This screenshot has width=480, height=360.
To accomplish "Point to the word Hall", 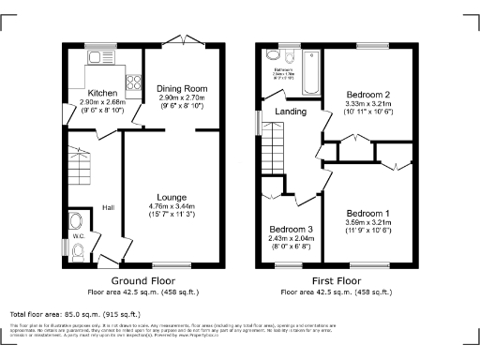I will (x=108, y=208).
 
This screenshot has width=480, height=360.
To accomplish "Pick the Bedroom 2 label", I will (x=362, y=94).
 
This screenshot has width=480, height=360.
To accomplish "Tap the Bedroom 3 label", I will (x=290, y=229).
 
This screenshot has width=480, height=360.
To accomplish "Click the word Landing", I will (x=291, y=112).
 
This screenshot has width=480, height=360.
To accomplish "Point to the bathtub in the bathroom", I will (x=310, y=75).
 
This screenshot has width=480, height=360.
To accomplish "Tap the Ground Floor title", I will (x=143, y=280).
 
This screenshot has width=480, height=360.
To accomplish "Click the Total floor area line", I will (x=75, y=314).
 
